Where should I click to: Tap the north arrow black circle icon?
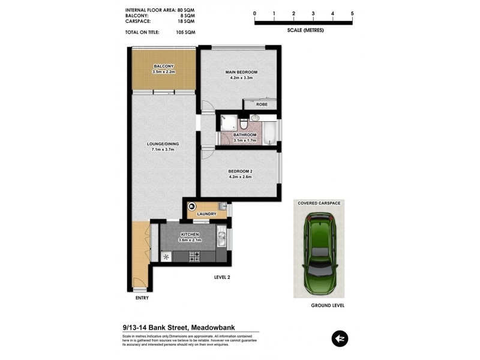click(x=340, y=339)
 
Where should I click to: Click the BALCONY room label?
click(x=163, y=66)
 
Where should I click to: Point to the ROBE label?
click(x=262, y=104)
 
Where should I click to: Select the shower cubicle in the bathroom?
click(x=228, y=122)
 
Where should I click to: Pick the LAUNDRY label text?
click(x=206, y=214)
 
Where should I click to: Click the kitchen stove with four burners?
click(x=194, y=256)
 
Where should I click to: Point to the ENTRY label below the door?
click(x=142, y=298)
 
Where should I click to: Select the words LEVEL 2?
click(x=222, y=277)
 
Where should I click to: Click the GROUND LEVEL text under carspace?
click(x=327, y=305)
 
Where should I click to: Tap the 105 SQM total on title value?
click(x=186, y=32)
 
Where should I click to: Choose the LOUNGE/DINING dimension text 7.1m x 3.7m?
click(x=163, y=150)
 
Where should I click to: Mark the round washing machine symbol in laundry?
click(x=193, y=206)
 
